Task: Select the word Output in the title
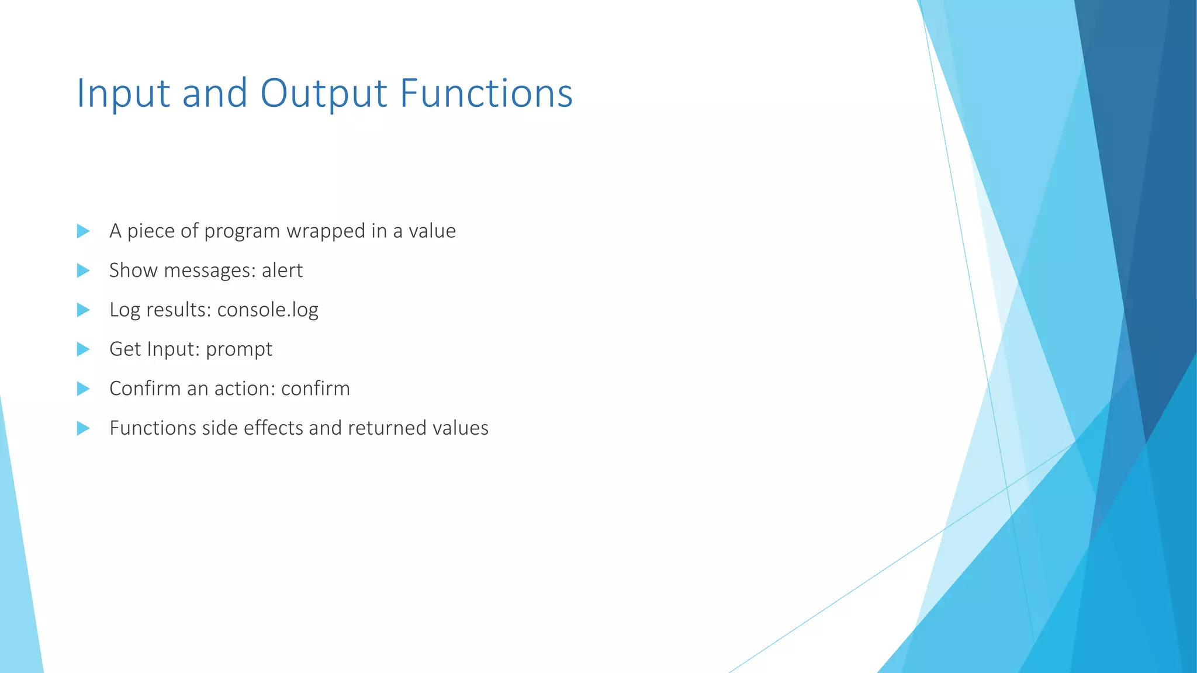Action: [x=323, y=93]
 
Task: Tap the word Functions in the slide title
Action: [x=486, y=93]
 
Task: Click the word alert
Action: [x=282, y=270]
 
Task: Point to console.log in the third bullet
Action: [x=268, y=310]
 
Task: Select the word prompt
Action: [x=239, y=349]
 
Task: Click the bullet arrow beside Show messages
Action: [x=83, y=270]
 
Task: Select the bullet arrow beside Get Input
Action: [x=83, y=349]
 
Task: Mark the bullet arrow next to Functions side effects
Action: [x=83, y=428]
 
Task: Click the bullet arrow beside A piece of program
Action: [x=83, y=231]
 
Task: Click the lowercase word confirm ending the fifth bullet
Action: [x=315, y=388]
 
